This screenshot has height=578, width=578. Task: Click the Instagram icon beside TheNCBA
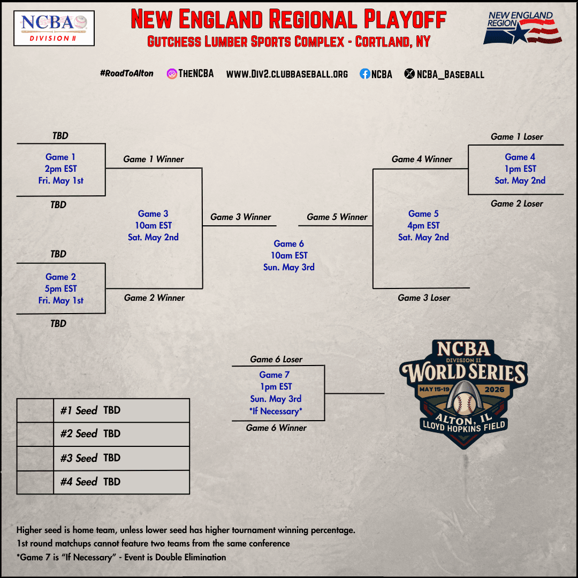click(x=172, y=74)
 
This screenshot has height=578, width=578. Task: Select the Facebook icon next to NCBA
click(x=365, y=74)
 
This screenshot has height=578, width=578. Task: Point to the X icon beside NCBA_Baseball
click(x=409, y=74)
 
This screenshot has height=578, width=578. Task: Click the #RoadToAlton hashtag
click(x=126, y=73)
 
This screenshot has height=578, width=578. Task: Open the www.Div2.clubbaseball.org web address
click(x=287, y=74)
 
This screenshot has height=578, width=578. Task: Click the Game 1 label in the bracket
click(x=60, y=157)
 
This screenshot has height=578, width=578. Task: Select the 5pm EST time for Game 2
click(x=61, y=288)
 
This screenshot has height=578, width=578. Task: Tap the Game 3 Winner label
click(x=241, y=217)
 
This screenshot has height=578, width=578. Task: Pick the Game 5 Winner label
click(x=337, y=217)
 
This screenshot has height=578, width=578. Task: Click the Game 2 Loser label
click(x=517, y=203)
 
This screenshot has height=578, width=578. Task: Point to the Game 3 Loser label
click(x=424, y=298)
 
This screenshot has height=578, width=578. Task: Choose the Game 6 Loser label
click(x=277, y=359)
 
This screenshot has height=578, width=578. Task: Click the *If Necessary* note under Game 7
click(x=276, y=411)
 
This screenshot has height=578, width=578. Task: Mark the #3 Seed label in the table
click(x=79, y=458)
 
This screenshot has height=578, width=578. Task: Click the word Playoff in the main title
click(x=405, y=20)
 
